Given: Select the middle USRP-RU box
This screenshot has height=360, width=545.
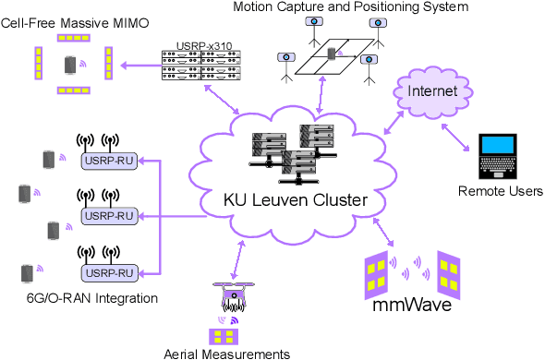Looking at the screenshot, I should tap(109, 217).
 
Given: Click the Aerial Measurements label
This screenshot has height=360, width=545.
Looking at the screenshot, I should tap(227, 353).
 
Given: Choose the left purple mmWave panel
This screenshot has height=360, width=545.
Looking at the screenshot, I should tap(375, 270).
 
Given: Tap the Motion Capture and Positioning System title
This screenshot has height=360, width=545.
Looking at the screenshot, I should tap(350, 7).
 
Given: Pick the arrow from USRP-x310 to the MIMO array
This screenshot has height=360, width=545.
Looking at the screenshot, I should tap(138, 65).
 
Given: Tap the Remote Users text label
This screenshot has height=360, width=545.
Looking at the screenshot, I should tap(500, 191).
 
